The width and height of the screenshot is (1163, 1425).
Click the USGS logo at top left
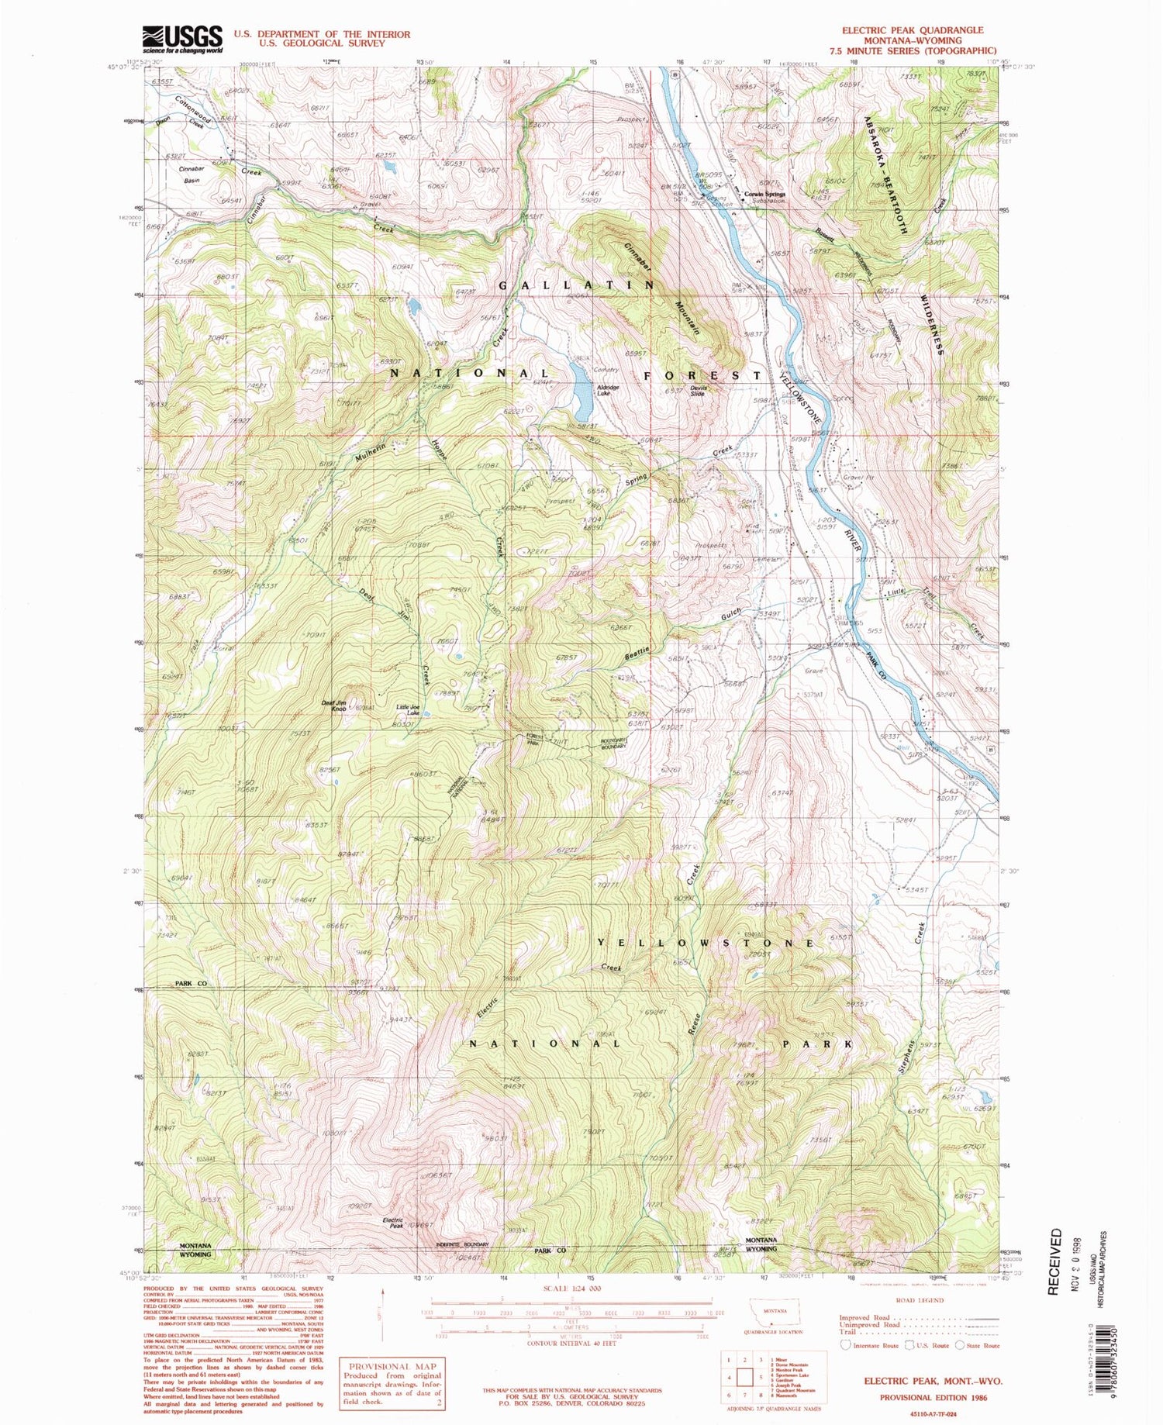[x=182, y=39]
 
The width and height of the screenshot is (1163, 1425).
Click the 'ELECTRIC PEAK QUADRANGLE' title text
[x=912, y=30]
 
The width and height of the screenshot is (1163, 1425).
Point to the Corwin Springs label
[x=764, y=194]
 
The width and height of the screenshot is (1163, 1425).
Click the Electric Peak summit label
[x=393, y=1223]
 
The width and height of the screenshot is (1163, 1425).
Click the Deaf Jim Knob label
[x=333, y=705]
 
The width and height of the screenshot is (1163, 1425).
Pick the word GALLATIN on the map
[x=576, y=285]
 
